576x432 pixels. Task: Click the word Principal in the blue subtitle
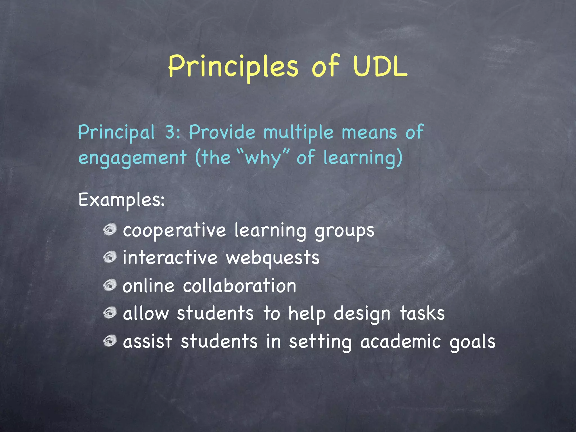click(x=116, y=132)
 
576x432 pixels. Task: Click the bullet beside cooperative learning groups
click(x=110, y=229)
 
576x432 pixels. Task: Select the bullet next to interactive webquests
click(x=110, y=257)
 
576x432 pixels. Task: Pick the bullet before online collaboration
click(x=110, y=285)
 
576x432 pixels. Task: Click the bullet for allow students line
click(x=110, y=313)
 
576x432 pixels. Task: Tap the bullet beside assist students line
click(x=110, y=341)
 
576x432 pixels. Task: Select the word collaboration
click(x=240, y=286)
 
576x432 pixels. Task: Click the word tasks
click(x=422, y=313)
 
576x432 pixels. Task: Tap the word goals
click(x=472, y=342)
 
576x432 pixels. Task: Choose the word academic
click(x=400, y=341)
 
